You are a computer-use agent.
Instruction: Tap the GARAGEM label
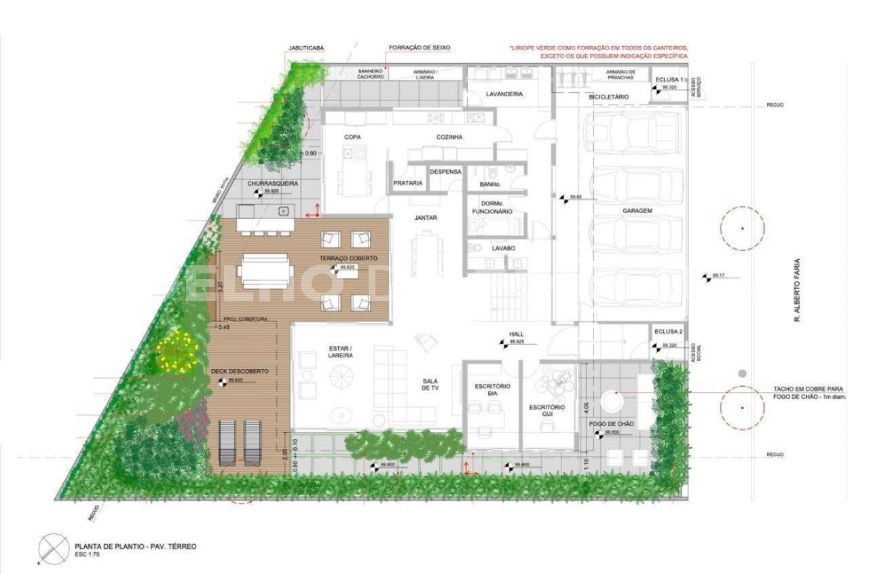pos(637,211)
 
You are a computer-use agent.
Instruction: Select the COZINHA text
pos(449,137)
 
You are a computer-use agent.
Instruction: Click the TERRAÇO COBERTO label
pos(348,259)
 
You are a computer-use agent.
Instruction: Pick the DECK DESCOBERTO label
pos(240,372)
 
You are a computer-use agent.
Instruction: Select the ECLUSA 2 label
pos(669,332)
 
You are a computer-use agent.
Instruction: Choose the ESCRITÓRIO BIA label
pos(492,389)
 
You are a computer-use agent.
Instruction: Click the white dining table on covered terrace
pos(265,270)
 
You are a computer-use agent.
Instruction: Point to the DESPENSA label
pos(445,172)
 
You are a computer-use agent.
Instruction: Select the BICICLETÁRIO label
pos(608,97)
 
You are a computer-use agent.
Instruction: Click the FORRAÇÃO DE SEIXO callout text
pos(420,48)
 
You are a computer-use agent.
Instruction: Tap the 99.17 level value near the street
pos(719,275)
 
